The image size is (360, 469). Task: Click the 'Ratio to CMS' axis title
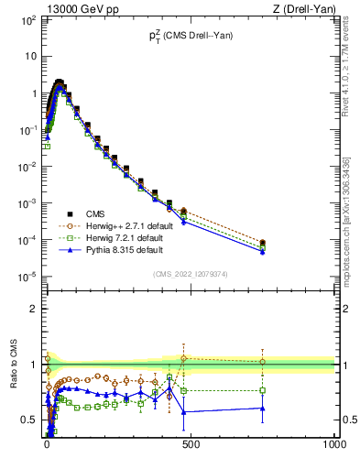tap(14, 365)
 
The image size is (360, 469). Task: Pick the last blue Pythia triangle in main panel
tap(263, 251)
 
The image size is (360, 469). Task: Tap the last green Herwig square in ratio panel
tap(263, 390)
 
